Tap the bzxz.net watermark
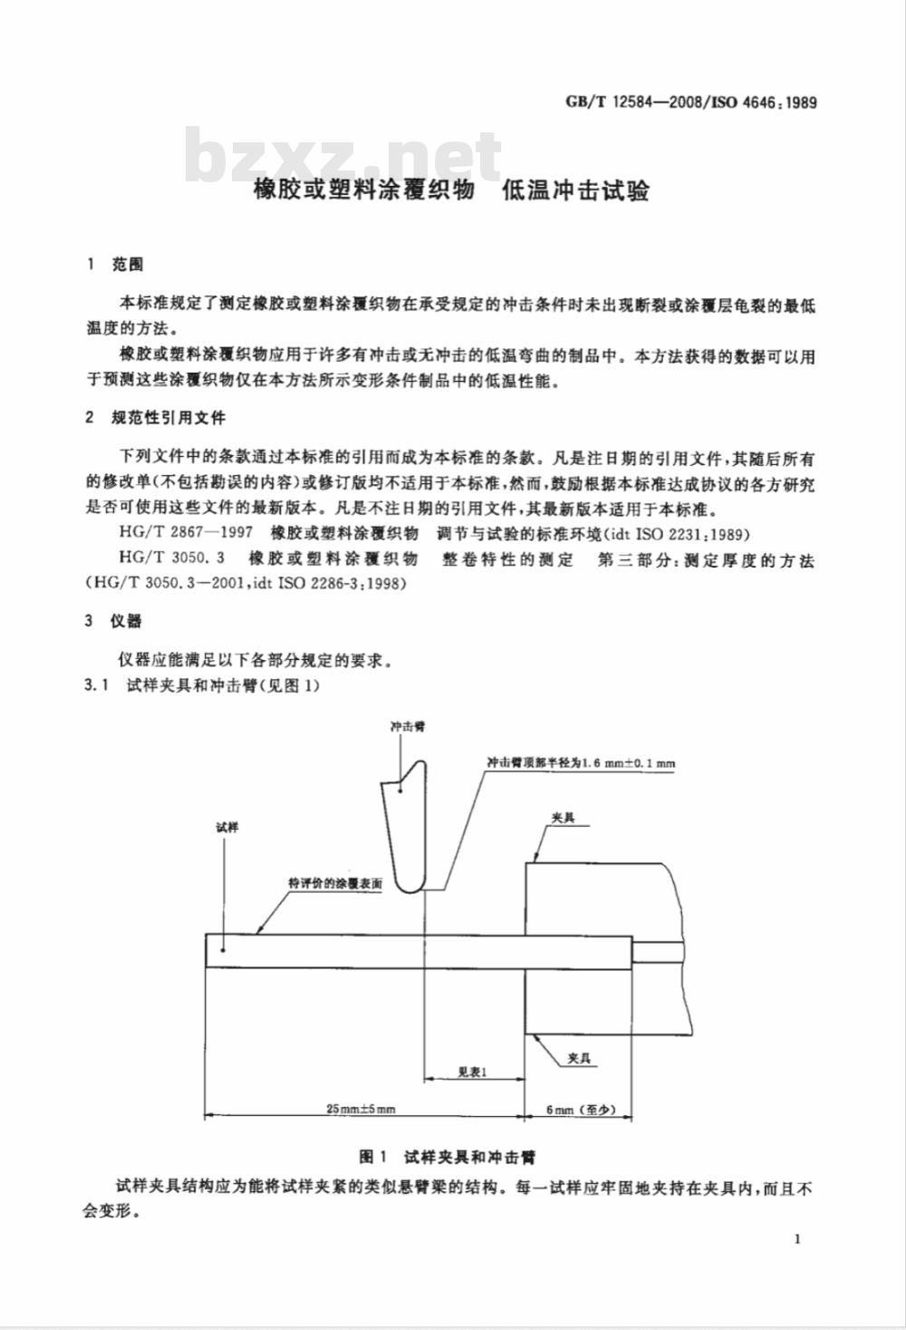coord(343,156)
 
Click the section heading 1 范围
coord(115,265)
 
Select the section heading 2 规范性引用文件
coord(156,418)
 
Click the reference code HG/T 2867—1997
coord(186,532)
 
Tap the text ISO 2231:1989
coord(692,534)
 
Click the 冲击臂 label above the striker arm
coord(407,726)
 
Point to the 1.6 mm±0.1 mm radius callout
coord(580,763)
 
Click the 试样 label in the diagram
coord(226,827)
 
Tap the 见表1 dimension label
coord(473,1073)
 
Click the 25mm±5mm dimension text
coord(361,1109)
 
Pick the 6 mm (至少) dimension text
coord(580,1109)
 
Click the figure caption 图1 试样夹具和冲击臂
coord(447,1157)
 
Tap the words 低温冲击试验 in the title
coord(575,191)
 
